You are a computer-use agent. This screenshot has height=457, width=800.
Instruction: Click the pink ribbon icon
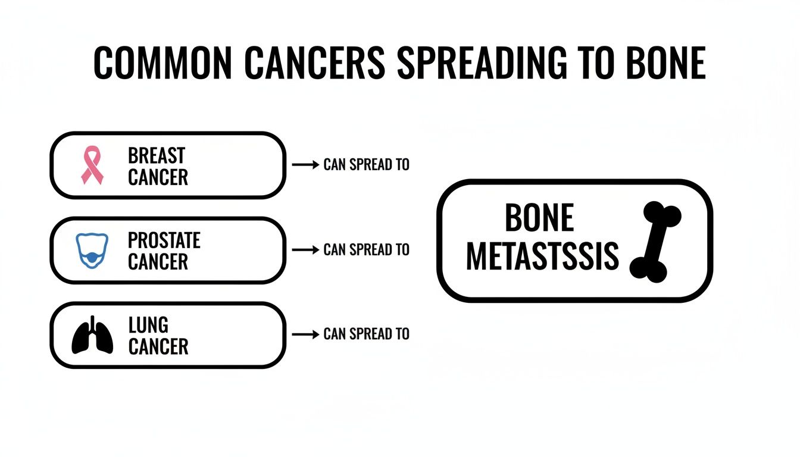[92, 166]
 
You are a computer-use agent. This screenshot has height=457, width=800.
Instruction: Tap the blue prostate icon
[92, 251]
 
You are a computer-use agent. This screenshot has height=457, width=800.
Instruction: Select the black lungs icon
[92, 336]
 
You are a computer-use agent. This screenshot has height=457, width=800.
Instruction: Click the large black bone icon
[655, 241]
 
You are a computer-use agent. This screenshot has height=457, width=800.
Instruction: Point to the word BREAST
[157, 156]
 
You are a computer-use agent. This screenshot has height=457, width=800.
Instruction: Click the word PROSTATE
[164, 240]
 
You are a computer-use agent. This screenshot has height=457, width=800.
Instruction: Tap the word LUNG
[148, 325]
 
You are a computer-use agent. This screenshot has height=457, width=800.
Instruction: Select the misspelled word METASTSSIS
[542, 256]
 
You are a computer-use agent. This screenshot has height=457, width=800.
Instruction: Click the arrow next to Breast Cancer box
[306, 165]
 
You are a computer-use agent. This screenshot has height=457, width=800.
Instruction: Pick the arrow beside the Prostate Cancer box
[306, 249]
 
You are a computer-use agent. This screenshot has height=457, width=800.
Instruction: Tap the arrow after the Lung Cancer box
[306, 334]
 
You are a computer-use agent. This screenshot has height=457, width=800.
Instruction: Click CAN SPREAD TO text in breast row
[366, 165]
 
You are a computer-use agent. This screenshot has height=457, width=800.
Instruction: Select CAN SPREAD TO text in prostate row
[366, 249]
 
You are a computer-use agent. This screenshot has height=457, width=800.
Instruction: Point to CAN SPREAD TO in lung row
[366, 334]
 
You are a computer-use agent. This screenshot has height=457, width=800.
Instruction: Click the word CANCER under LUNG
[158, 346]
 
